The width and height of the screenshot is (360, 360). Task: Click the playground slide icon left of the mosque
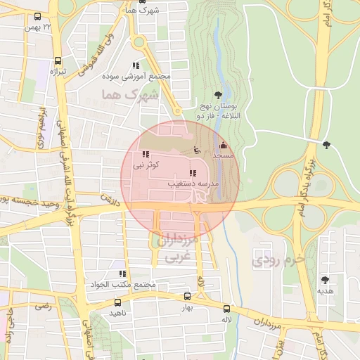(x=197, y=150)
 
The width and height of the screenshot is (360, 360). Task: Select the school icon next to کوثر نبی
(x=146, y=155)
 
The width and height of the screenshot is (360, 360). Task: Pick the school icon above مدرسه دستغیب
(x=193, y=173)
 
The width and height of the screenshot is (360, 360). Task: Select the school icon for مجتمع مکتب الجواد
(x=122, y=274)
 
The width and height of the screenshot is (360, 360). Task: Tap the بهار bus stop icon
(x=187, y=297)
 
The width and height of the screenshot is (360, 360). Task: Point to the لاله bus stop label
(x=226, y=319)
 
